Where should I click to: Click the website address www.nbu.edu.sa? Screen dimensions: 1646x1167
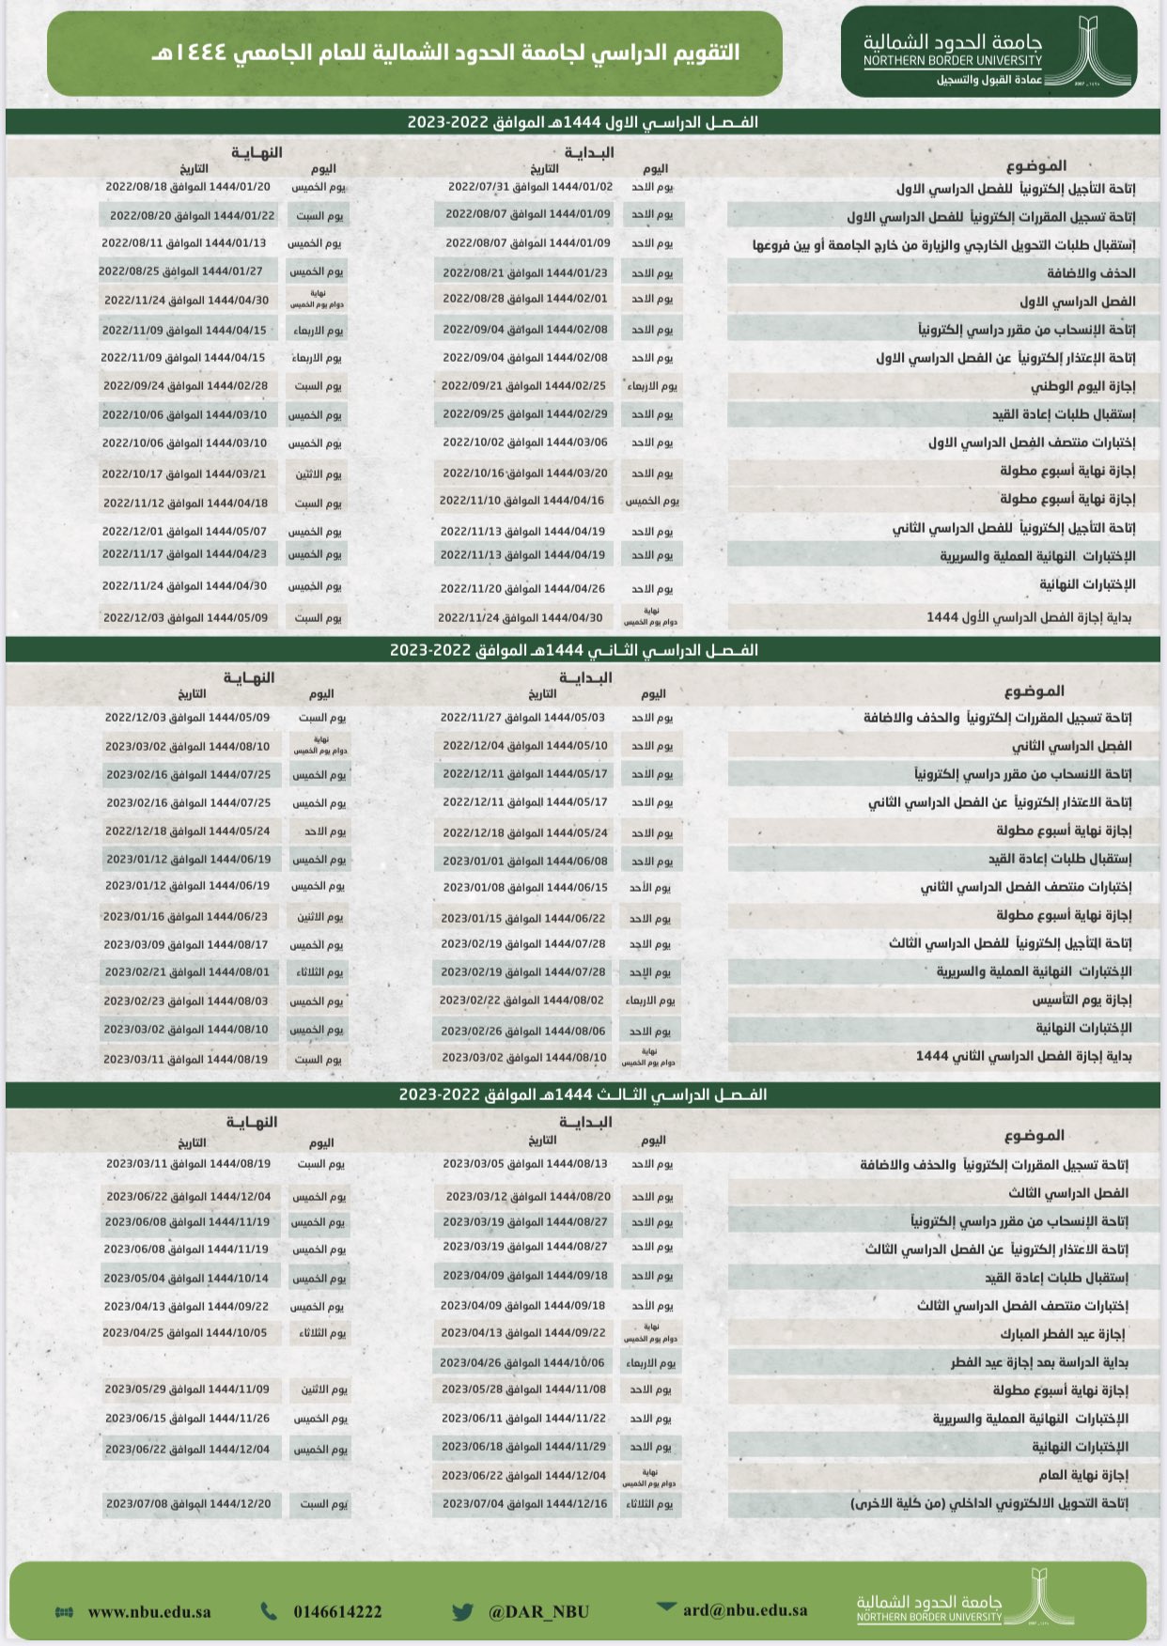pyautogui.click(x=149, y=1611)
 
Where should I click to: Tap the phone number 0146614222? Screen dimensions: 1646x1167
pyautogui.click(x=337, y=1611)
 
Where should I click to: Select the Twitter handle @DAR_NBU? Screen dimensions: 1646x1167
pyautogui.click(x=538, y=1611)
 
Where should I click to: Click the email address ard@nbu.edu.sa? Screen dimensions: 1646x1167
pyautogui.click(x=745, y=1609)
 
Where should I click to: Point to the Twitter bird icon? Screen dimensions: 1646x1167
pyautogui.click(x=462, y=1612)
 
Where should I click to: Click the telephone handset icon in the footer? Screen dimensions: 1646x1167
pyautogui.click(x=269, y=1611)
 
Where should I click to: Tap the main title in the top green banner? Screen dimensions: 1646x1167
pyautogui.click(x=445, y=53)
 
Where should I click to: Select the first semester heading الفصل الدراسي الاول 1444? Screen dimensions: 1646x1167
pyautogui.click(x=583, y=122)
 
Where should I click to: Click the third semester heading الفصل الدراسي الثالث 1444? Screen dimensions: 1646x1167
pyautogui.click(x=583, y=1095)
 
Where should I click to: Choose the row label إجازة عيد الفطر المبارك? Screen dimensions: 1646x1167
pyautogui.click(x=1062, y=1334)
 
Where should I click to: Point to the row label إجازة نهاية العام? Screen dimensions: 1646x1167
pyautogui.click(x=1082, y=1475)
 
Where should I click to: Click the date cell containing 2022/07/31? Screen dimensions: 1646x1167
pyautogui.click(x=530, y=187)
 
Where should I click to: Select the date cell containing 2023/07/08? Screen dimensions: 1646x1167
pyautogui.click(x=188, y=1503)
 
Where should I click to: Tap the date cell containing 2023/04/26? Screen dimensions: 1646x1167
pyautogui.click(x=522, y=1362)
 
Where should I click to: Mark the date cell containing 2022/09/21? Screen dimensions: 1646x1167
pyautogui.click(x=523, y=386)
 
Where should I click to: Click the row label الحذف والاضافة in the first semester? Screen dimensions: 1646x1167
pyautogui.click(x=1091, y=273)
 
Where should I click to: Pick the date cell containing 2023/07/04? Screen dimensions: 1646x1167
pyautogui.click(x=524, y=1503)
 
